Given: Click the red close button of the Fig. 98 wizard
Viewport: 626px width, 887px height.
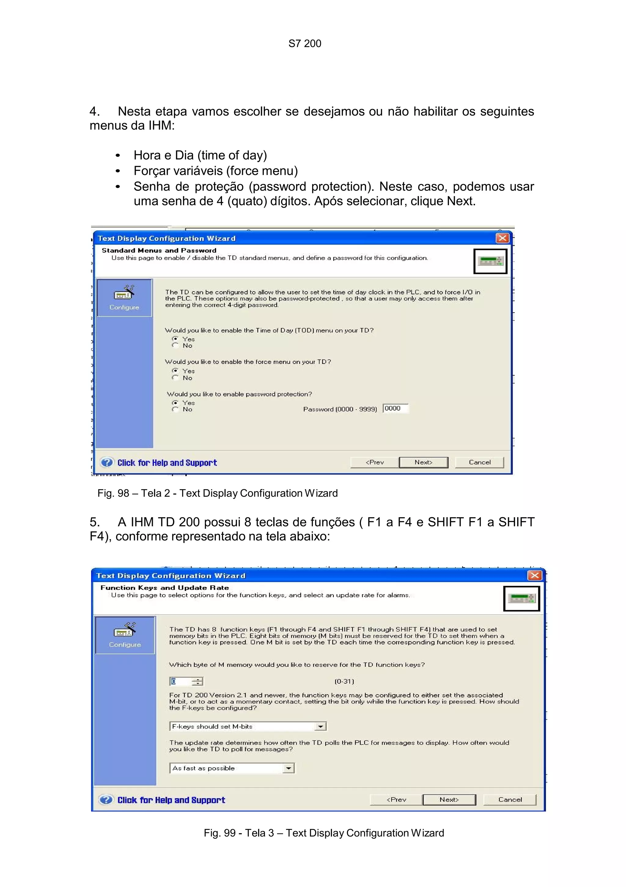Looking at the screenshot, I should click(502, 238).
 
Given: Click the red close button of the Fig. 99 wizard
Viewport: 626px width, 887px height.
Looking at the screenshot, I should click(534, 575).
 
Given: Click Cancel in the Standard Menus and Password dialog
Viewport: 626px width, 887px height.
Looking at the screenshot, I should click(480, 462).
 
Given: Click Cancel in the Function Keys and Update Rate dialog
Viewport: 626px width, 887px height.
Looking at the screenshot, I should click(510, 799).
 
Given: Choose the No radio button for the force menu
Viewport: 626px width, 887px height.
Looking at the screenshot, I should click(175, 377).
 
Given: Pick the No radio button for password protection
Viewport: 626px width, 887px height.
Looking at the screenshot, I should click(175, 409).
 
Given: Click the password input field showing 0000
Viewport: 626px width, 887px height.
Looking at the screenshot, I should click(395, 408).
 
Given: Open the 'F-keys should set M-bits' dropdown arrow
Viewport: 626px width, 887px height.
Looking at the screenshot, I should click(320, 726).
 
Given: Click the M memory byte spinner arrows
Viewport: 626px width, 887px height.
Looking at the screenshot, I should click(197, 681).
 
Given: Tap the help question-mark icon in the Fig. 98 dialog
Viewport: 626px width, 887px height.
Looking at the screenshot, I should click(106, 462).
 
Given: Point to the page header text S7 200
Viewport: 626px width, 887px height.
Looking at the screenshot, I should click(305, 44).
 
